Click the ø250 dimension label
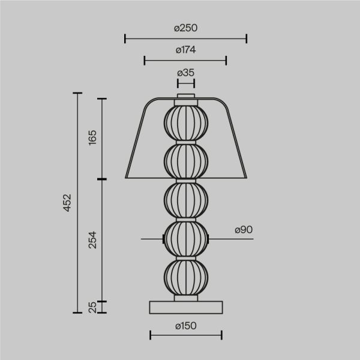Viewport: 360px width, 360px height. click(186, 28)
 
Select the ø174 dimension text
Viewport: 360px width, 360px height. click(186, 50)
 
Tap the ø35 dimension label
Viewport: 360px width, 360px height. click(186, 73)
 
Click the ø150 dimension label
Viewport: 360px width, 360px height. click(186, 326)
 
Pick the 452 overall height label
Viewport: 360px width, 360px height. click(67, 203)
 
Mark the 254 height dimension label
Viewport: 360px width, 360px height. click(92, 240)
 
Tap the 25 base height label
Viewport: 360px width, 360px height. click(92, 307)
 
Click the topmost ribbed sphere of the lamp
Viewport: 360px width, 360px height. click(186, 122)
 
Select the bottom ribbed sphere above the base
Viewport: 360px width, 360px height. click(186, 277)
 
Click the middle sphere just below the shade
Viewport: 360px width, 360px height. click(186, 200)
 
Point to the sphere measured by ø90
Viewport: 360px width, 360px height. click(186, 239)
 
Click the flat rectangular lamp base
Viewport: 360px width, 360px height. click(186, 307)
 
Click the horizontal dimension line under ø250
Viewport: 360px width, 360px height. click(186, 40)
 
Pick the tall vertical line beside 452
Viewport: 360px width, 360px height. click(77, 203)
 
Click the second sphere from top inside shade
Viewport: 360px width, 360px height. click(186, 160)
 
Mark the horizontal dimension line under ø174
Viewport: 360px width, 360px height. click(186, 60)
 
